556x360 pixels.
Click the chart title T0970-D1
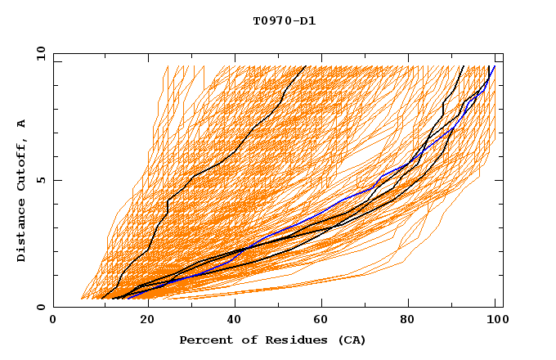pyautogui.click(x=284, y=20)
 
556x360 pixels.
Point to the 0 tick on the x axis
pyautogui.click(x=53, y=321)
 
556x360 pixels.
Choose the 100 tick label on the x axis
pyautogui.click(x=495, y=321)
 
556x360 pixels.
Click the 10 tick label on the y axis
pyautogui.click(x=40, y=53)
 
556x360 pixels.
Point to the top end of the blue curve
pyautogui.click(x=495, y=66)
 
